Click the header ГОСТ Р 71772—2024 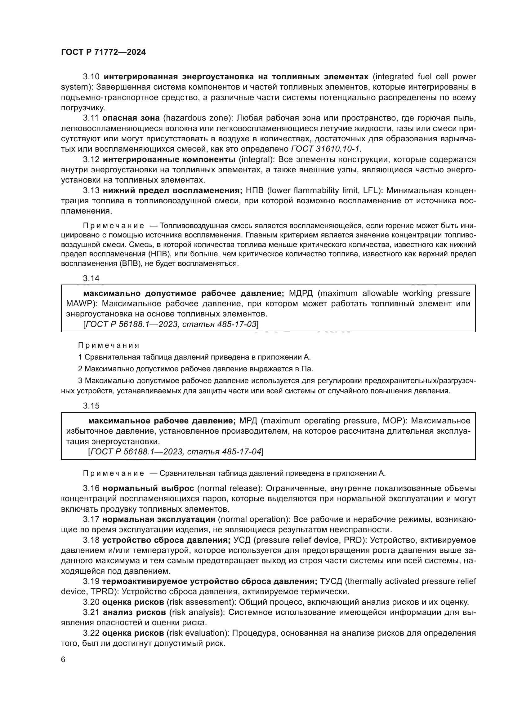tap(103, 52)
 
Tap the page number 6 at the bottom tap(63, 660)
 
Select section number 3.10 tap(91, 77)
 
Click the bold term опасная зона tap(131, 118)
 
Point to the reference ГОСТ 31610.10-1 tap(325, 149)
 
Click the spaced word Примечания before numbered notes tap(109, 345)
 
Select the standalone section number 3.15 tap(91, 406)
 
